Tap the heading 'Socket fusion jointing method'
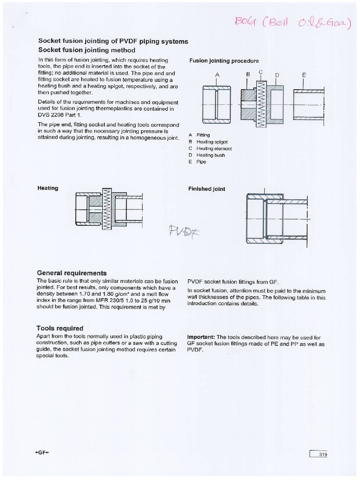pos(86,50)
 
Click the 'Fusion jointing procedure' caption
pos(224,61)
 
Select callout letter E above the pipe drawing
pos(304,75)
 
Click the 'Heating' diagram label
pos(47,188)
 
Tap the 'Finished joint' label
pos(206,189)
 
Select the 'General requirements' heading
pos(71,273)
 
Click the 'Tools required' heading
pos(60,328)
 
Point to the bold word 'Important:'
pos(201,337)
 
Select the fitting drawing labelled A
pos(217,103)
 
